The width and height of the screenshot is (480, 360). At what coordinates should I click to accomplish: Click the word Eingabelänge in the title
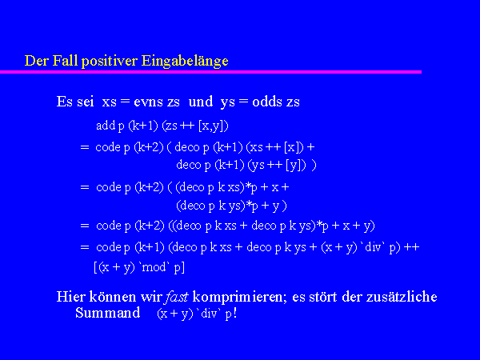point(185,61)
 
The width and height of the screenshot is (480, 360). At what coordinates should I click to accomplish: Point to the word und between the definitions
point(201,102)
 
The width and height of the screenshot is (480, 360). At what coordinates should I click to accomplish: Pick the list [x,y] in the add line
point(213,126)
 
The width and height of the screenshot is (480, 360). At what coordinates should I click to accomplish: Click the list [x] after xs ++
point(294,147)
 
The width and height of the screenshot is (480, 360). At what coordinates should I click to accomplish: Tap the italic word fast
point(176,297)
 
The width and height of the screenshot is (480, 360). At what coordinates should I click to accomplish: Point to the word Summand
point(108,313)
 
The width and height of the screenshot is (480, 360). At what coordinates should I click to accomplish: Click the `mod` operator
point(154,267)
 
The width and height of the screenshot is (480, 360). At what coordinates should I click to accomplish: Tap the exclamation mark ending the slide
point(234,313)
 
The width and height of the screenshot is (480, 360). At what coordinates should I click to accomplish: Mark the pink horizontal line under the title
point(210,72)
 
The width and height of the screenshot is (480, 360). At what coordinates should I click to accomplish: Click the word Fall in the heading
point(65,61)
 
